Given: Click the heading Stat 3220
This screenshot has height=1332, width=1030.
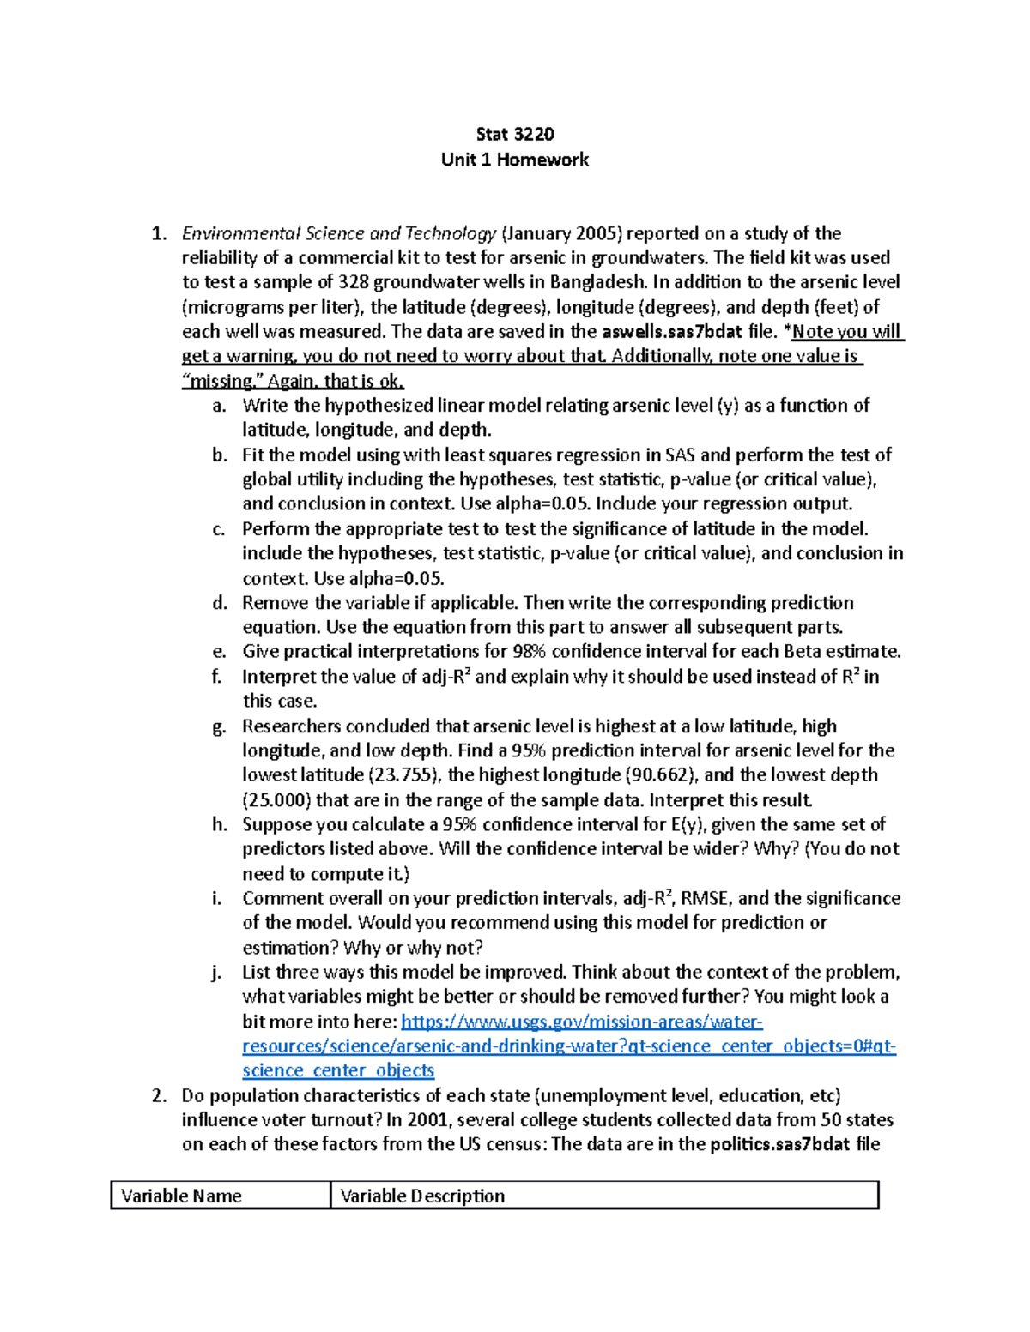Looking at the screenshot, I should tap(514, 134).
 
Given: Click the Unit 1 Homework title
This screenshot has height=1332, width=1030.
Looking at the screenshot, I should tap(514, 160).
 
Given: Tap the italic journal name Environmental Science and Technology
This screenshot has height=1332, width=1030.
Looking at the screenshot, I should tap(339, 233).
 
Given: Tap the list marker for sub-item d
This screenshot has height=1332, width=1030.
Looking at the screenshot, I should tap(219, 603).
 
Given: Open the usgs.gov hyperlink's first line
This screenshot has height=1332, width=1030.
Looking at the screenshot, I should tap(581, 1022).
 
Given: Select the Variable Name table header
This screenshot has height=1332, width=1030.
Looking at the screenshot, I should tap(181, 1196).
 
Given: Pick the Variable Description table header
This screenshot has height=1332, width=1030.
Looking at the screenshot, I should tap(422, 1196).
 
